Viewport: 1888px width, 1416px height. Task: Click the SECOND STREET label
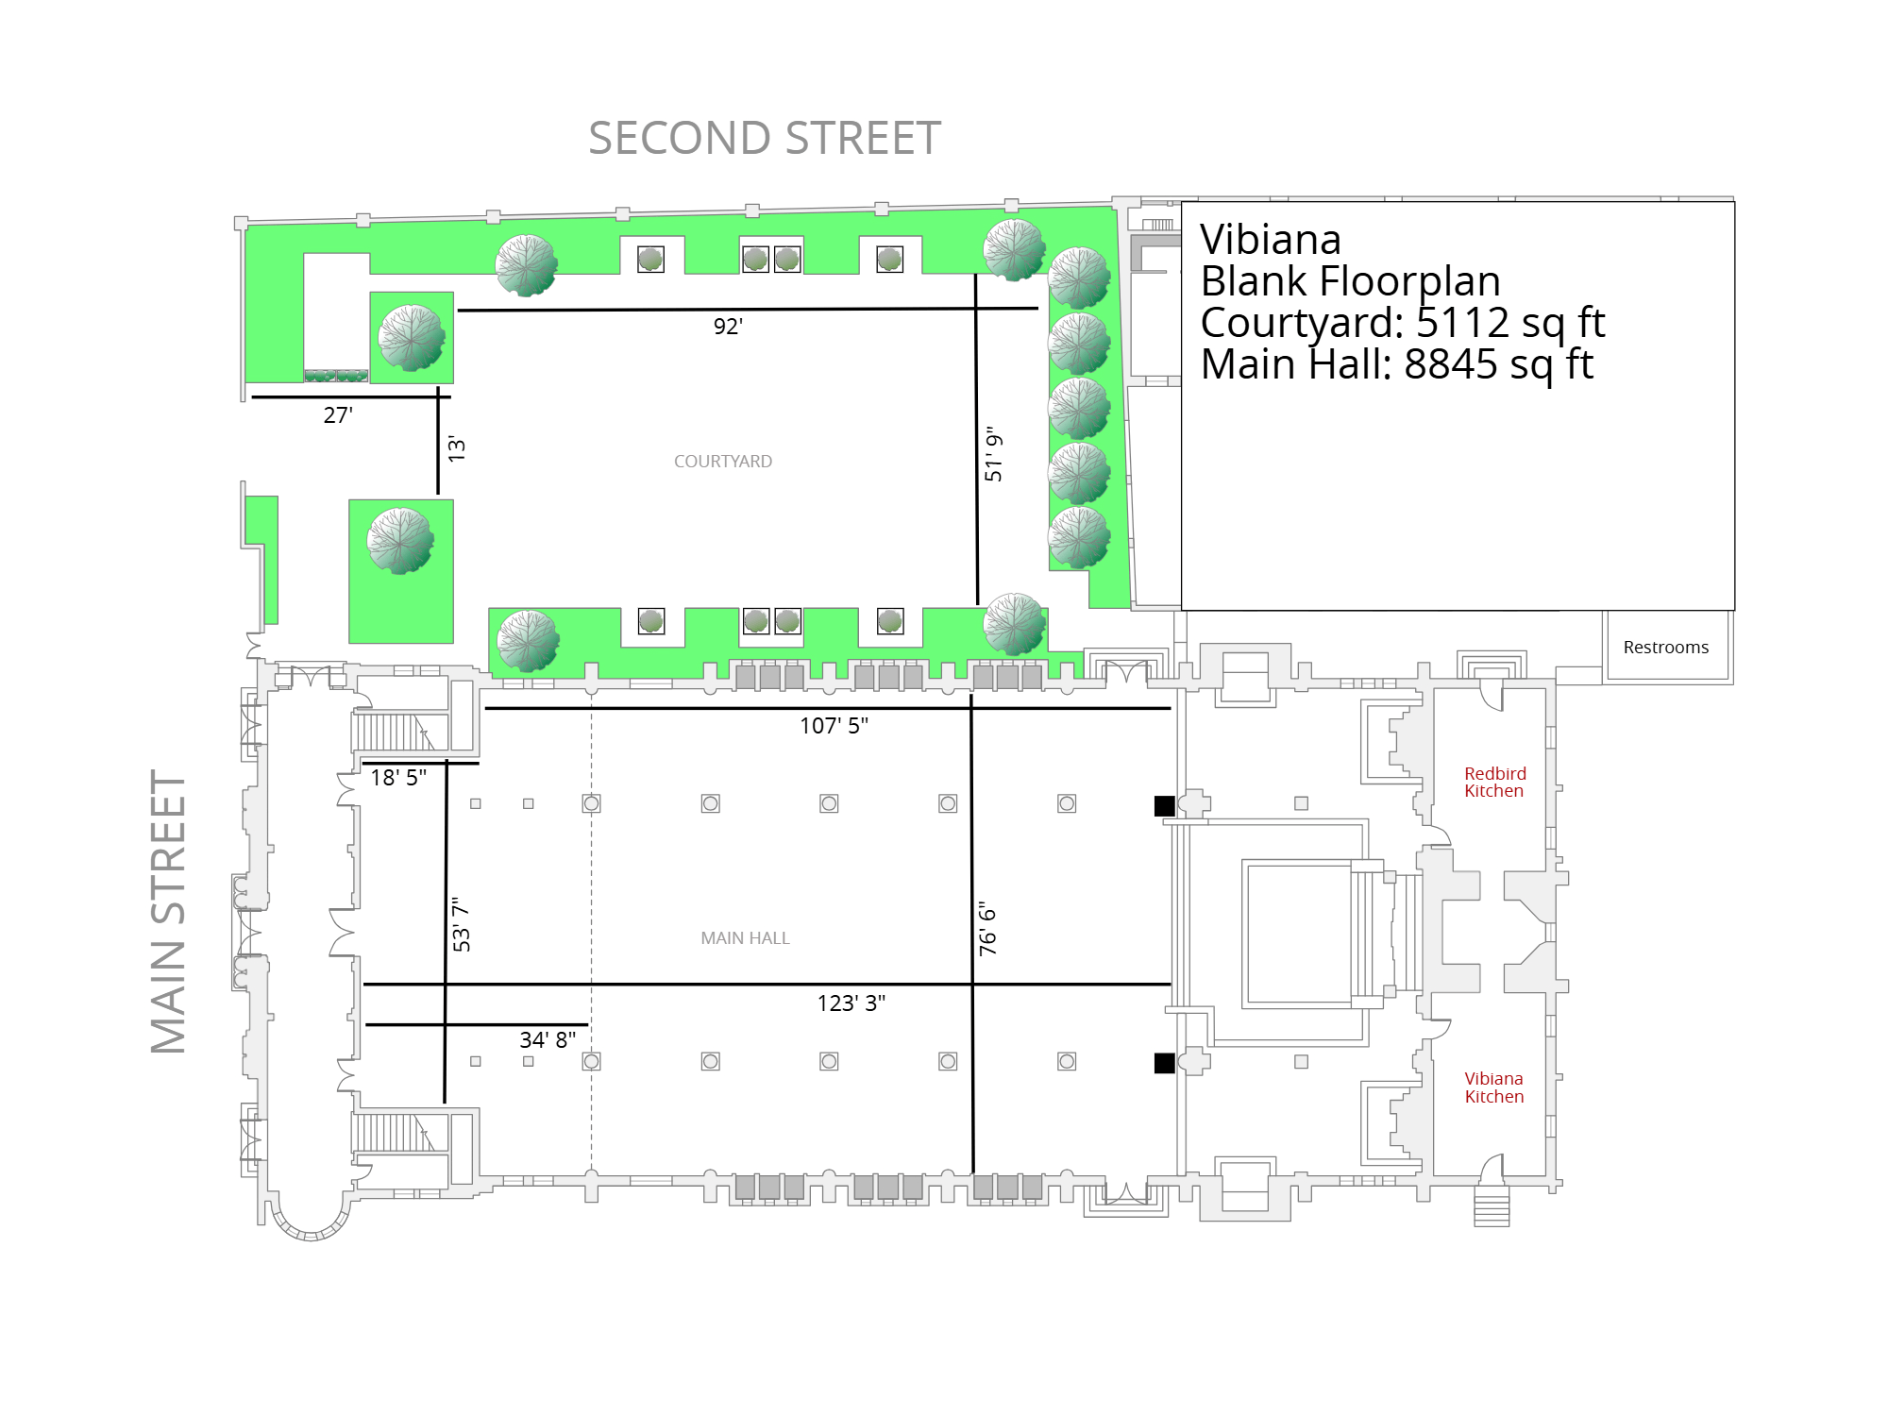click(x=765, y=139)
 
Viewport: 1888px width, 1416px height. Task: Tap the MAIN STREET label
click(x=169, y=912)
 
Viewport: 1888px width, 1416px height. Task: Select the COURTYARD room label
click(x=723, y=462)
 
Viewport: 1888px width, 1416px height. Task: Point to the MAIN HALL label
click(x=745, y=938)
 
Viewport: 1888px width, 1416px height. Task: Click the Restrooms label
click(x=1666, y=648)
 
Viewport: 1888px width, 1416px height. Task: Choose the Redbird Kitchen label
click(x=1494, y=783)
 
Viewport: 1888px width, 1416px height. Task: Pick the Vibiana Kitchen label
click(x=1494, y=1087)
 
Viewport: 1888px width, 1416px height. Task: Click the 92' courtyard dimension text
click(x=728, y=327)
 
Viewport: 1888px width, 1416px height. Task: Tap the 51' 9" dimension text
click(x=993, y=454)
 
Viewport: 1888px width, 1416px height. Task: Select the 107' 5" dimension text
click(x=834, y=726)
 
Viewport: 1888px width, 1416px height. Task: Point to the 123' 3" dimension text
click(x=851, y=1003)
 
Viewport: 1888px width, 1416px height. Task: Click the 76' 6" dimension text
click(x=988, y=929)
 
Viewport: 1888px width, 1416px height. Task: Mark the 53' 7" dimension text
click(x=461, y=924)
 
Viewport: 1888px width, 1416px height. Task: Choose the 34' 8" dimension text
click(x=548, y=1040)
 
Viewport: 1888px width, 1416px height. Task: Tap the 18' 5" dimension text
click(x=398, y=778)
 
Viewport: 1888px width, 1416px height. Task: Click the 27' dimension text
click(x=338, y=415)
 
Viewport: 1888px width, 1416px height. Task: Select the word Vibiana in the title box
click(x=1271, y=240)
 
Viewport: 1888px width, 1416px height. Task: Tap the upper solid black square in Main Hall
click(x=1165, y=805)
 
